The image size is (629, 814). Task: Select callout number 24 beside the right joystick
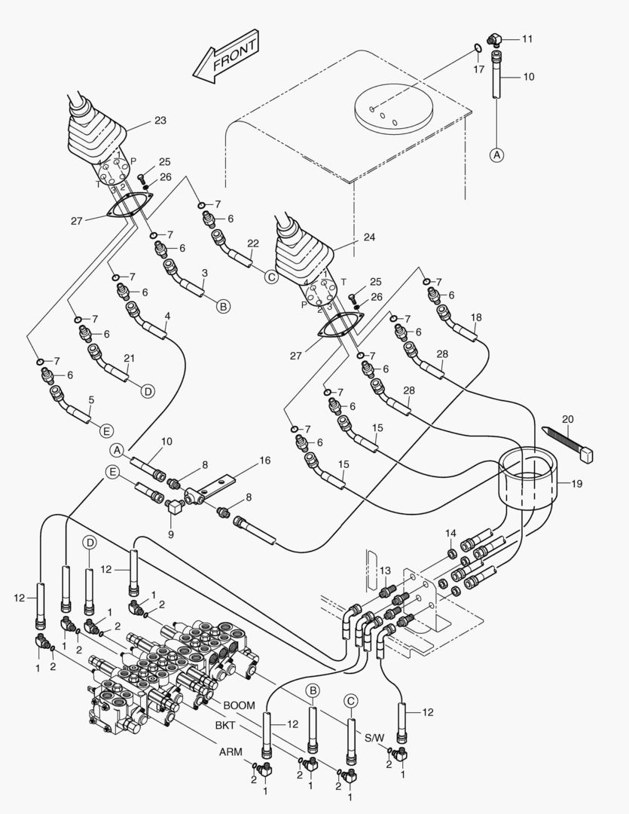[x=369, y=236]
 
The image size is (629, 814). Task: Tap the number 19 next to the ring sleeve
[x=576, y=484]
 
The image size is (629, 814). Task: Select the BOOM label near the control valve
[x=240, y=705]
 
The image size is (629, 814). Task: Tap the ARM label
[x=231, y=751]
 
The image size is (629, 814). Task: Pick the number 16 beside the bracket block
[x=264, y=459]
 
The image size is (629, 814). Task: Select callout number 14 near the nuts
[x=450, y=534]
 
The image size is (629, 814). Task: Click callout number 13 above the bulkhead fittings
[x=385, y=571]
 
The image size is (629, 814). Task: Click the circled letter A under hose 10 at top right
[x=496, y=155]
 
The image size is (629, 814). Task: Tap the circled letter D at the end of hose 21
[x=148, y=390]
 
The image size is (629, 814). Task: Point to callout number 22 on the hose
[x=253, y=243]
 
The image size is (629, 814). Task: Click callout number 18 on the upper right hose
[x=476, y=317]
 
